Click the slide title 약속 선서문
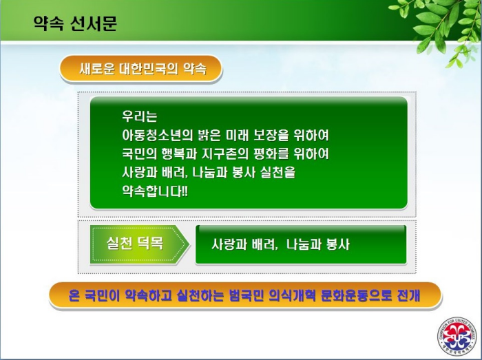click(x=75, y=23)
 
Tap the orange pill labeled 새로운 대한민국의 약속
click(x=140, y=69)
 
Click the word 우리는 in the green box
click(x=140, y=116)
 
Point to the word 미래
click(x=237, y=135)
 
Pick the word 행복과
click(x=179, y=153)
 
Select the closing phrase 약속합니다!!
click(x=155, y=191)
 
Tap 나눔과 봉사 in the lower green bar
click(x=318, y=244)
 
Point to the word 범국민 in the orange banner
click(x=247, y=295)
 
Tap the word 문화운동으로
click(x=356, y=295)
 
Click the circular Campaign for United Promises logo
click(x=458, y=336)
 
